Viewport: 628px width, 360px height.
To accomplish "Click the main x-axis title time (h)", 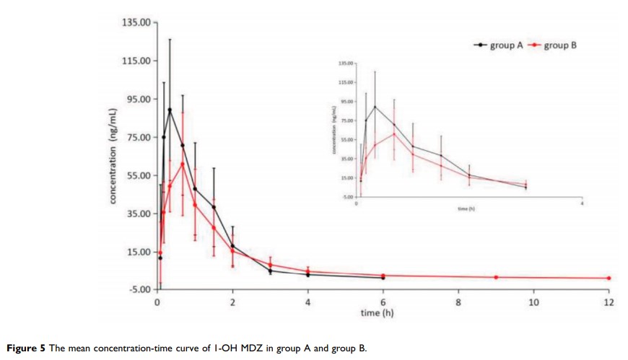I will click(378, 313).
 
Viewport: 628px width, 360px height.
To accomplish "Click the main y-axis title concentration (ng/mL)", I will click(114, 156).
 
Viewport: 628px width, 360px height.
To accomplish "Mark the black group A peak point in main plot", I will click(170, 110).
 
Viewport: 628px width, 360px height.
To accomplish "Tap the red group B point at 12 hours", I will click(609, 278).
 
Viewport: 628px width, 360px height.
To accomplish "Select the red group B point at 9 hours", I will click(496, 277).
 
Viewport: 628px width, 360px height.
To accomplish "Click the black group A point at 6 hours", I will click(383, 277).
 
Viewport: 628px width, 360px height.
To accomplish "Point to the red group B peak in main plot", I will click(183, 164).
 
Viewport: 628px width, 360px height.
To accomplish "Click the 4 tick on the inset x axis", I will click(582, 203).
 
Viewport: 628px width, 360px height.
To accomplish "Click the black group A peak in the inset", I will click(375, 106).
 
